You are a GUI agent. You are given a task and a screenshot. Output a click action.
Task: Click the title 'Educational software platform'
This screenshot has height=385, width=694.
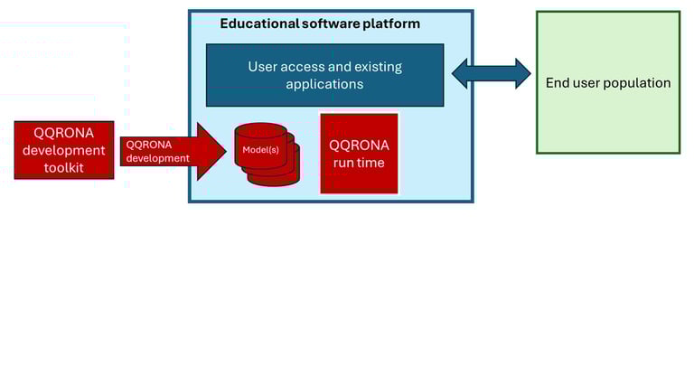(319, 23)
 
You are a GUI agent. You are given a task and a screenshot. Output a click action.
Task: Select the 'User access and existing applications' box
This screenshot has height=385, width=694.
(324, 75)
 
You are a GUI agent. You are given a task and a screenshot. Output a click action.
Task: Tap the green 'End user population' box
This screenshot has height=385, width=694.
(607, 82)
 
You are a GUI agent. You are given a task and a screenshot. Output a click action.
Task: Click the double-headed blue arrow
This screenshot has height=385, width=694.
(491, 74)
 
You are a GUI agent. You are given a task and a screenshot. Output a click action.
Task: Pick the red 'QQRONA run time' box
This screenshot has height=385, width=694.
(359, 154)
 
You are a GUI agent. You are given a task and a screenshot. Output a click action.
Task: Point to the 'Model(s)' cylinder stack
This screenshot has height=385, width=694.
(265, 154)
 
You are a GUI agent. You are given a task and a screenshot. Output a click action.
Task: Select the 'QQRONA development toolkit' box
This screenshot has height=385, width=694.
(64, 150)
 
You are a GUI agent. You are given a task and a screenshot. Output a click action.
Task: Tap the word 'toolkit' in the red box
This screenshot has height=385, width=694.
(64, 167)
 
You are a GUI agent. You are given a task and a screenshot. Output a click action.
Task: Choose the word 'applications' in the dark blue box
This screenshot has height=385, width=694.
(324, 84)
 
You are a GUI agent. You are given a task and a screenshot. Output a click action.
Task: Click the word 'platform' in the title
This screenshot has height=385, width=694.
(392, 23)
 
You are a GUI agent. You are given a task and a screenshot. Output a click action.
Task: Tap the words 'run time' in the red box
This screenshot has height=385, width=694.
(359, 163)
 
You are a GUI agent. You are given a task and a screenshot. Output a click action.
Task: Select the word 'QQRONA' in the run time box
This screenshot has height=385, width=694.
(359, 146)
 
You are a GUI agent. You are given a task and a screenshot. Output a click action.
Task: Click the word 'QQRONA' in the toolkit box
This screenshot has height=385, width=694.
(64, 133)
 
